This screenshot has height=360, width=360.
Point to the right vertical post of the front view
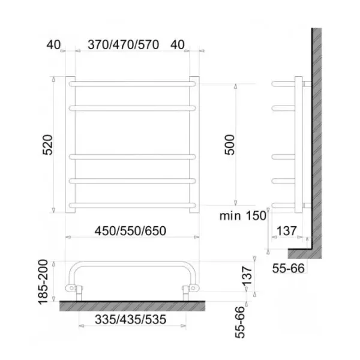pos(195,144)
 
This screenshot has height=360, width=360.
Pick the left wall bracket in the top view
pos(77,290)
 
